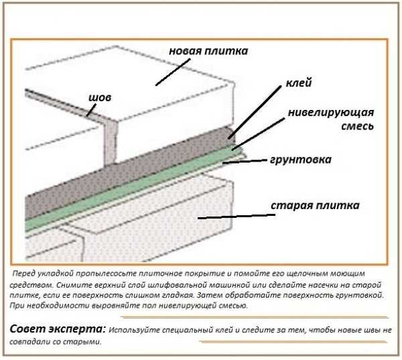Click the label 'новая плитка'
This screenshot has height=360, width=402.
pos(208,52)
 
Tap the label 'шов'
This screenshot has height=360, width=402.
pos(100,98)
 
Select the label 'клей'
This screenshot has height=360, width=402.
pos(299,83)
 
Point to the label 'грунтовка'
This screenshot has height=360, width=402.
pos(301,160)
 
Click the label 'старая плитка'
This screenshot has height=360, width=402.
pos(315,206)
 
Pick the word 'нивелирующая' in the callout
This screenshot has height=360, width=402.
pos(331,113)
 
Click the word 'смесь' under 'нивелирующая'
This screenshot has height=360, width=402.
pos(357,126)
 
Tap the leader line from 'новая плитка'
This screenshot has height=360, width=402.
pos(173,72)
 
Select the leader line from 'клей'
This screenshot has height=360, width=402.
pos(255,113)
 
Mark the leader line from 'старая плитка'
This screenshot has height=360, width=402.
pos(237,217)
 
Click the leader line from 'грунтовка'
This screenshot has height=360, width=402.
pos(245,161)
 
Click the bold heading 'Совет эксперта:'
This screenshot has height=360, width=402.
pos(58,329)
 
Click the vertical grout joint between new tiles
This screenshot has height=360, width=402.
pos(111,143)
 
